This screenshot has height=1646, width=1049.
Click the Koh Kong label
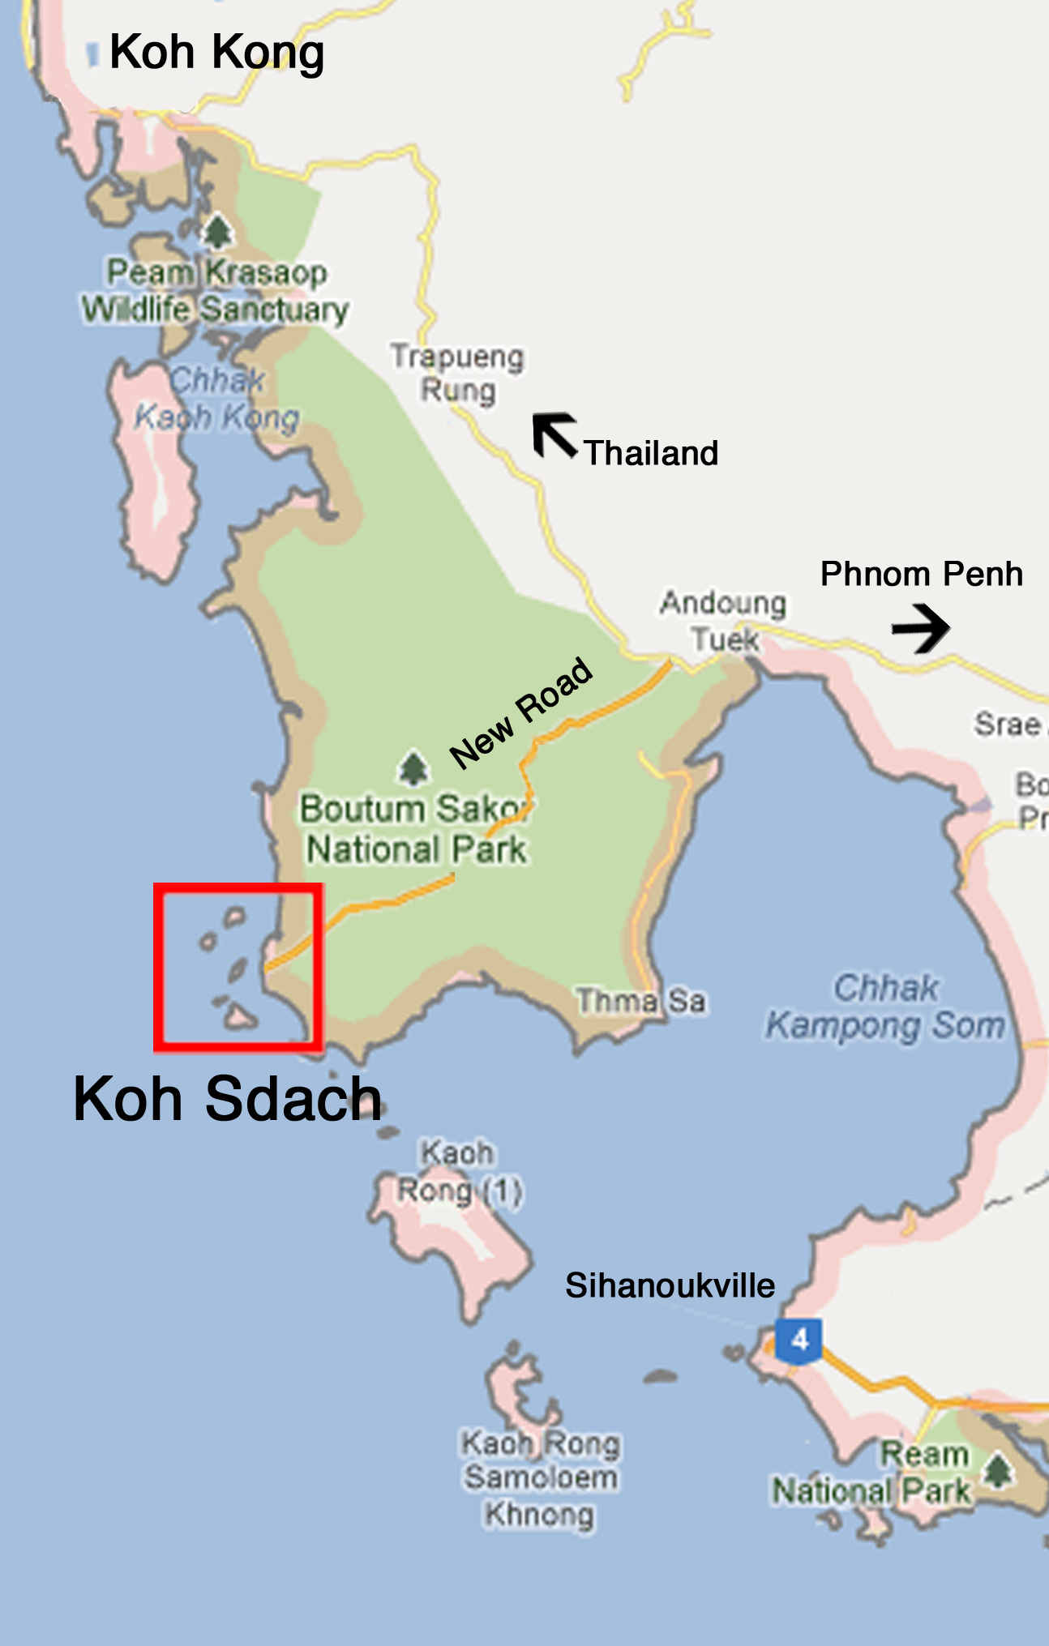tap(216, 53)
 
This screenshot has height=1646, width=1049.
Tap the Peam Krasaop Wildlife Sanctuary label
tap(216, 292)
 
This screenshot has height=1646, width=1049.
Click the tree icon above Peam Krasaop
tap(217, 231)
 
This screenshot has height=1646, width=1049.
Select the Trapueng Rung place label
tap(457, 374)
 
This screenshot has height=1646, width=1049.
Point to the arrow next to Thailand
tap(554, 434)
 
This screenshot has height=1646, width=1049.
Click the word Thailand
tap(651, 453)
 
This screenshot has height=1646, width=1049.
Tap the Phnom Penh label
tap(921, 574)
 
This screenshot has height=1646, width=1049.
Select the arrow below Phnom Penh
tap(921, 628)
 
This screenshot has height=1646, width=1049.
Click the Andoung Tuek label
tap(724, 621)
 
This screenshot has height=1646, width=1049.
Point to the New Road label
tap(521, 712)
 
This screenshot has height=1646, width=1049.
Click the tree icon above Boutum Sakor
tap(413, 768)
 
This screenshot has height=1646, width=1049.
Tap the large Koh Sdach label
tap(227, 1099)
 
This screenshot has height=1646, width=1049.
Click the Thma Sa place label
tap(640, 1001)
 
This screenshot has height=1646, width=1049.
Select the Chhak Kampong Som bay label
tap(885, 1007)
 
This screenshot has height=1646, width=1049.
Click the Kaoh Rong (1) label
tap(459, 1172)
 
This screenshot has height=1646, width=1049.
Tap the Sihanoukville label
tap(670, 1285)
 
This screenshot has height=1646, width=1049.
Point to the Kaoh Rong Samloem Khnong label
tap(541, 1478)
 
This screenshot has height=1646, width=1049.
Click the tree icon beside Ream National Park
tap(998, 1469)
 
